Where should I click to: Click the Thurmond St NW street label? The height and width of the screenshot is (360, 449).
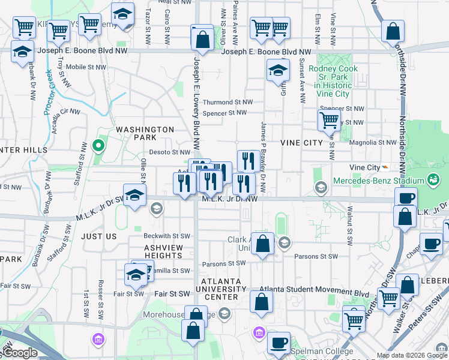[224, 103]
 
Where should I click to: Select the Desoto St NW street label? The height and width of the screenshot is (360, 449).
[169, 152]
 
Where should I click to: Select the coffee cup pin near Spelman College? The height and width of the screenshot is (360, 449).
[278, 343]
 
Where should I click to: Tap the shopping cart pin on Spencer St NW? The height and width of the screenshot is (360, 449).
[328, 120]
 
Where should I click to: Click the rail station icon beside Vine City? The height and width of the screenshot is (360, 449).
[384, 167]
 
